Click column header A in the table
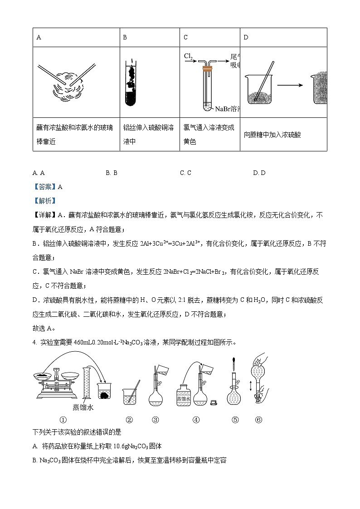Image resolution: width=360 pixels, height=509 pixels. (39, 38)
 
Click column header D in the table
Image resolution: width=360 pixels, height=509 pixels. (246, 38)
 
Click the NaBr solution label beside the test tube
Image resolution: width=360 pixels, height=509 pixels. (227, 109)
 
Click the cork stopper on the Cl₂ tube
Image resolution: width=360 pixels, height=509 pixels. (208, 69)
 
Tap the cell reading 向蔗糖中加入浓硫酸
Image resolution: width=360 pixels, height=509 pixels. (272, 135)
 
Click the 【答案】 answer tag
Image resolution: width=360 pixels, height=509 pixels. (43, 186)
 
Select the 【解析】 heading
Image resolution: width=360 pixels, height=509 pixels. (43, 201)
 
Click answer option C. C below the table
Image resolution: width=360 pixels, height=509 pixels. (185, 173)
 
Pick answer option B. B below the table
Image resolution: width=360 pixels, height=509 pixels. (112, 173)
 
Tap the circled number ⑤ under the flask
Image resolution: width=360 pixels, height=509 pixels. (235, 420)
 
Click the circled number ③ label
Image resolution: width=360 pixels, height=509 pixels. (156, 420)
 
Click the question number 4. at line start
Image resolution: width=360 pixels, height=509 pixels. (35, 343)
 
